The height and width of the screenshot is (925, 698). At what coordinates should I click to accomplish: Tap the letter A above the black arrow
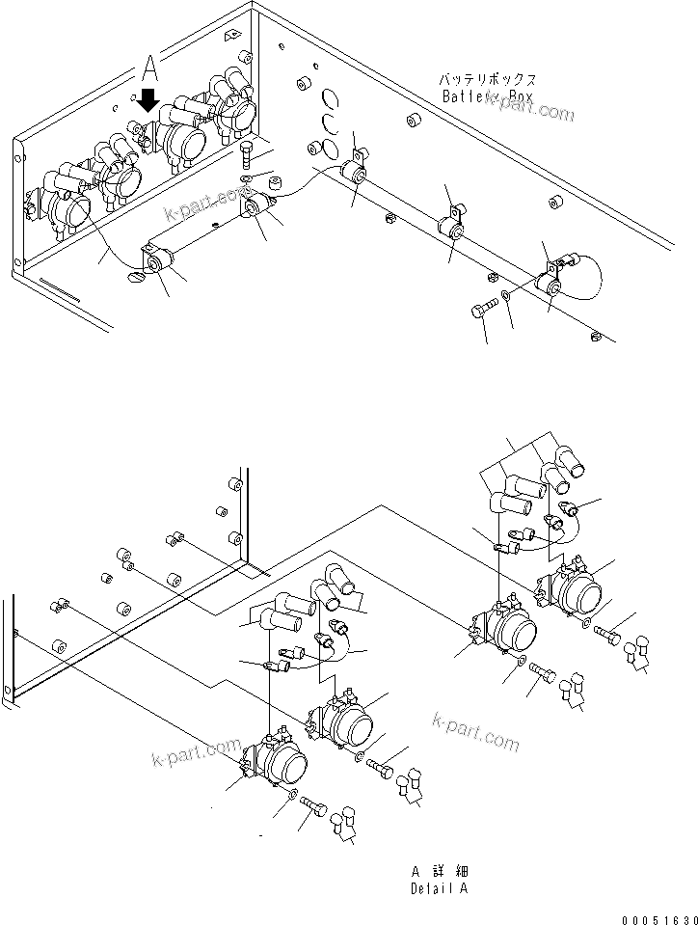click(149, 67)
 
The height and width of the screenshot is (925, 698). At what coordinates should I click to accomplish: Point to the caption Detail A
click(439, 888)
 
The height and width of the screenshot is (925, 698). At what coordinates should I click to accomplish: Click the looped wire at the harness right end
click(588, 275)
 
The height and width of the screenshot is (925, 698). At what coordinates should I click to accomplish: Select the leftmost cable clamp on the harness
click(155, 258)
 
